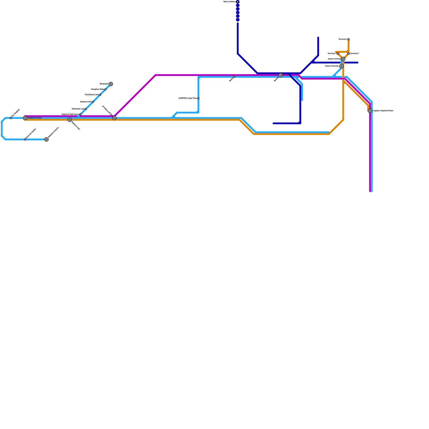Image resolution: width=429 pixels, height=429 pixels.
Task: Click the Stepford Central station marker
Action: [25, 118]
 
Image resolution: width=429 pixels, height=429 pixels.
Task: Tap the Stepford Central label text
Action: [35, 118]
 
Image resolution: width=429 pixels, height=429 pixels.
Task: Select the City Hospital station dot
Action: [11, 118]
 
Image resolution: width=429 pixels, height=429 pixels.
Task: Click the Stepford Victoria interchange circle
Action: [46, 139]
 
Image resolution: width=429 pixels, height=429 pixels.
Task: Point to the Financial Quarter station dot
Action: [25, 139]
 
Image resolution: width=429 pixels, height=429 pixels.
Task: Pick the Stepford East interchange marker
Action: [70, 120]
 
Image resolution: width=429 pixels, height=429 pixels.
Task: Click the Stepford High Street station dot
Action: [80, 114]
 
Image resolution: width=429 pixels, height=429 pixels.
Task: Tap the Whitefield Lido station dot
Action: [86, 109]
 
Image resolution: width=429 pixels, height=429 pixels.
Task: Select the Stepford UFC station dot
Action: [93, 102]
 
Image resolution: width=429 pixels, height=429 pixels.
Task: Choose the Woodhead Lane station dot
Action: [100, 95]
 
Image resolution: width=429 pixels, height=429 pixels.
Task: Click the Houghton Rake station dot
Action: [105, 89]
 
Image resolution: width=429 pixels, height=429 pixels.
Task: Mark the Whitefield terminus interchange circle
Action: [111, 84]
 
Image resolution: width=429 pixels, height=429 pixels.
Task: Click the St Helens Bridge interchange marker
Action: [114, 118]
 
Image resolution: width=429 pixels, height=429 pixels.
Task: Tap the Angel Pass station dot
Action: [198, 98]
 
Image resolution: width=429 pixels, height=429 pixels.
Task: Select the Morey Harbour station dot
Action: [238, 2]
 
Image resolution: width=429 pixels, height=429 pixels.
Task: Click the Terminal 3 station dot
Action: [349, 39]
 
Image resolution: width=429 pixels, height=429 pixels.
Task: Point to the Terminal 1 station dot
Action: [338, 54]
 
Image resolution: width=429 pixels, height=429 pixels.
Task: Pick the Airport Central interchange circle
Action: [343, 59]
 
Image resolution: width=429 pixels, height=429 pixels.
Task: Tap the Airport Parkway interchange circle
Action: [341, 66]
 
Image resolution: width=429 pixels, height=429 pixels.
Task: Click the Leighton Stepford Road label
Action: [383, 111]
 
